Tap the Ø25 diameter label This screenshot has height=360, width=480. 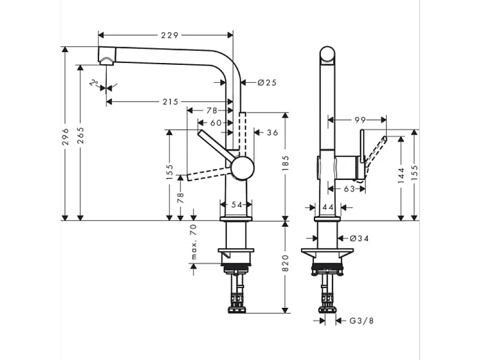point(266,83)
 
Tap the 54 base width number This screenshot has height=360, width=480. point(236,205)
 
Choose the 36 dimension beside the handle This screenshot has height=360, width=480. point(272,133)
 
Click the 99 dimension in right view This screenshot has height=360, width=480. point(360,121)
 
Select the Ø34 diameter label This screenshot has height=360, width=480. point(359,239)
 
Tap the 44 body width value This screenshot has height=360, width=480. point(327,206)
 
